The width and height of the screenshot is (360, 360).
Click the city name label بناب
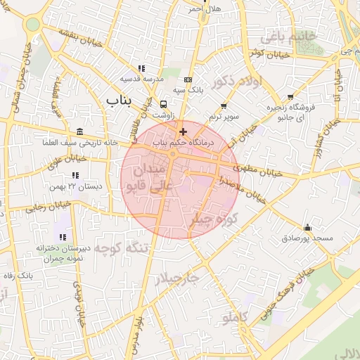(119, 101)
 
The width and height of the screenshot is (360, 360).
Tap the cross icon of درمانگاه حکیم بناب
(183, 131)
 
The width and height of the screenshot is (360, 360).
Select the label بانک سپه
(188, 90)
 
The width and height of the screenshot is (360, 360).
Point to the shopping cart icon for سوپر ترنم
(224, 106)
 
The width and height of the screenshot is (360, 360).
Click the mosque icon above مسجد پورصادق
(307, 228)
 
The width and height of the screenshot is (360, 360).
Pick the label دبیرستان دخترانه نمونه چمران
(63, 254)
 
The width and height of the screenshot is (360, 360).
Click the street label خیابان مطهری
(259, 171)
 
